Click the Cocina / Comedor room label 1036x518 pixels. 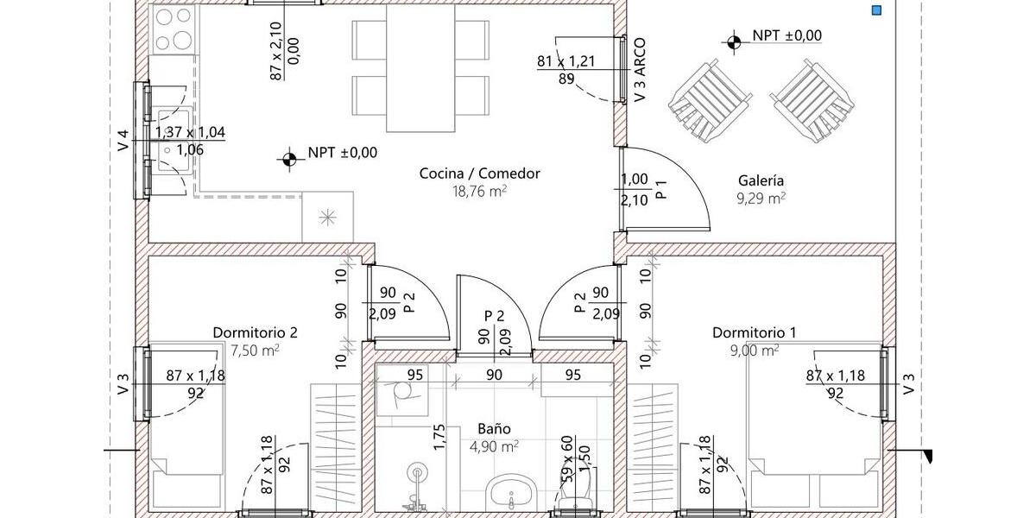click(x=479, y=174)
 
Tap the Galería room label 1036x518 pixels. click(x=761, y=180)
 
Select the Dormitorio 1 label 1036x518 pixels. click(x=749, y=332)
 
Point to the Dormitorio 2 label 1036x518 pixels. click(x=255, y=332)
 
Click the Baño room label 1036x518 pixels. click(x=495, y=428)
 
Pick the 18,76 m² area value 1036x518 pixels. click(x=479, y=192)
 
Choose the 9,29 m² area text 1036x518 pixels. click(x=761, y=199)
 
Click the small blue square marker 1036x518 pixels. click(x=876, y=10)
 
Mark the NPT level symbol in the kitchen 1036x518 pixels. click(x=287, y=157)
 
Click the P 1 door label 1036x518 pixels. click(x=660, y=190)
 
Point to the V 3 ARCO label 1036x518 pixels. click(x=639, y=71)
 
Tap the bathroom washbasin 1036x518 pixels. click(x=513, y=495)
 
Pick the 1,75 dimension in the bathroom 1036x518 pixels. click(x=439, y=438)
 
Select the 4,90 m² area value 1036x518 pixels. click(x=495, y=446)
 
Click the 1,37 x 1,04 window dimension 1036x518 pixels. click(x=190, y=132)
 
